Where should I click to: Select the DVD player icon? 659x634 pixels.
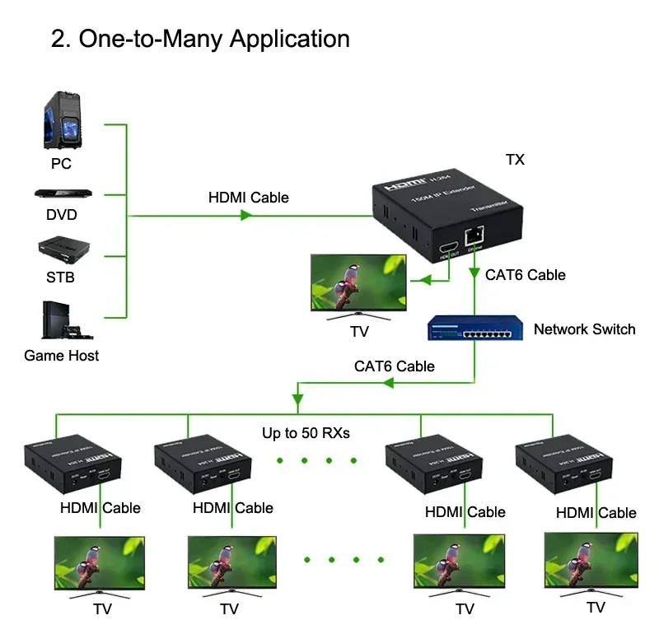[62, 194]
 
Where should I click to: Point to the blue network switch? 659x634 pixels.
[474, 329]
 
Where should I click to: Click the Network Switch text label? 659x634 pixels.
[584, 329]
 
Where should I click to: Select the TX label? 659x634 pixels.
[515, 160]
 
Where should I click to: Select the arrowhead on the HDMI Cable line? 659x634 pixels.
[245, 216]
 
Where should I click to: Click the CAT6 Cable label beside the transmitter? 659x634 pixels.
[525, 274]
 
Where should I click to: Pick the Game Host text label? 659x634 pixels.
[61, 356]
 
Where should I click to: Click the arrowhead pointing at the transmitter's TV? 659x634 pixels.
[424, 282]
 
